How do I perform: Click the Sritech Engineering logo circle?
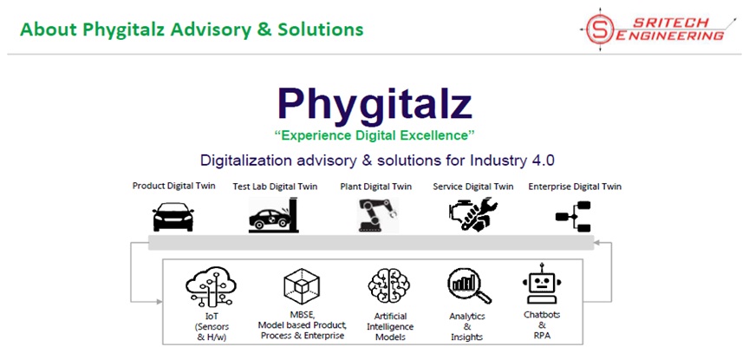[601, 29]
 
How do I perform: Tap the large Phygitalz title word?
[374, 105]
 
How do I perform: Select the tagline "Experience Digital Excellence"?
[374, 136]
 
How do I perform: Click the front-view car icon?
[173, 217]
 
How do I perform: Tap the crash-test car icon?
[274, 214]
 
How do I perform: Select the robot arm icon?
[377, 215]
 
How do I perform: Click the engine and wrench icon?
[473, 214]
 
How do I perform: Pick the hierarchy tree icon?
[574, 217]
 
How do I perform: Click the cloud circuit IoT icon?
[211, 286]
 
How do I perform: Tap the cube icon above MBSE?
[302, 286]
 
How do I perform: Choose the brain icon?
[389, 286]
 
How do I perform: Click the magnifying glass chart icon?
[469, 286]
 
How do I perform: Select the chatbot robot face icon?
[542, 283]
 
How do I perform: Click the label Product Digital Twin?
[174, 186]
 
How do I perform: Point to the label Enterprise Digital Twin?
[575, 187]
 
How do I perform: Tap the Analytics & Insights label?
[467, 326]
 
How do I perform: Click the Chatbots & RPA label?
[542, 325]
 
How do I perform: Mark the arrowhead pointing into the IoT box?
[159, 302]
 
